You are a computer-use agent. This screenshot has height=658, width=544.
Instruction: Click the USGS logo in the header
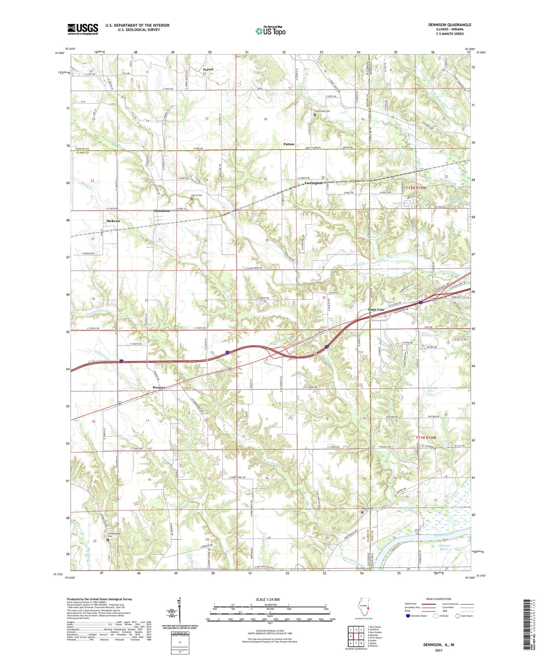[83, 29]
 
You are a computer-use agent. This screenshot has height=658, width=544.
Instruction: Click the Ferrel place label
[208, 69]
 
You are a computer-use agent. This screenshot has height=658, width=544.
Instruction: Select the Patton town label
[289, 144]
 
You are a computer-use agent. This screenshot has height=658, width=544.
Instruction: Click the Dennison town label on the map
[162, 211]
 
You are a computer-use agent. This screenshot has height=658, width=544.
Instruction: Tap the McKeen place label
[113, 221]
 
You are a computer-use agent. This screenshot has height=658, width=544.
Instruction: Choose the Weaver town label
[159, 387]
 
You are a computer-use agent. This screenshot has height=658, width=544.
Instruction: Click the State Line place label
[376, 309]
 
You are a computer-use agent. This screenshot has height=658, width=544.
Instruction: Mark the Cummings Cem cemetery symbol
[314, 115]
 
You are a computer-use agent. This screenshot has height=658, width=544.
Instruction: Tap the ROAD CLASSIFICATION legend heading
[439, 599]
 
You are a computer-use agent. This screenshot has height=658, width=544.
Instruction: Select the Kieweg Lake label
[430, 335]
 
